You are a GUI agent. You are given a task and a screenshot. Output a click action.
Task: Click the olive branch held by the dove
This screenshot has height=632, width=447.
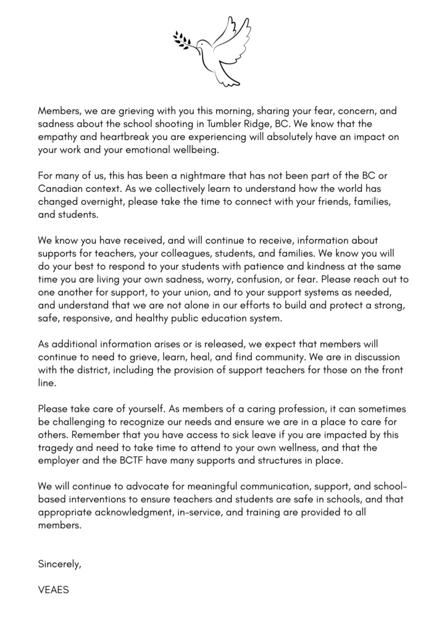pyautogui.click(x=185, y=39)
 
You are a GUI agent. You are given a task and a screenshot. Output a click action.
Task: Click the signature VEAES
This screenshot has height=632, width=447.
pyautogui.click(x=54, y=590)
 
